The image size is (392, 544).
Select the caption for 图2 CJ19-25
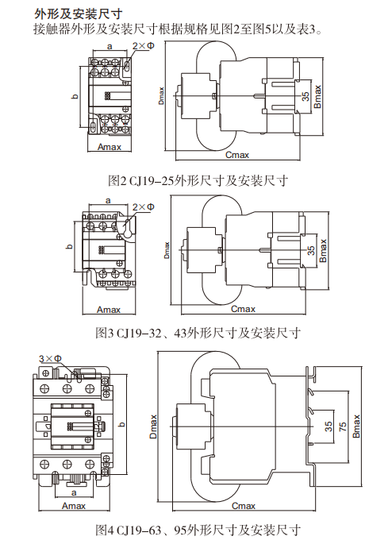[197, 179]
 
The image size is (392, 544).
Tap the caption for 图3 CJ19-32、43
[197, 331]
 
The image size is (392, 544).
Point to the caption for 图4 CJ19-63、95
[197, 529]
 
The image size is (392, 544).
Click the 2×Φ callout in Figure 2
[144, 48]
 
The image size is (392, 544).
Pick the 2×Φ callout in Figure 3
[143, 206]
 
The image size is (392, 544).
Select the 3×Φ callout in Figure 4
[50, 358]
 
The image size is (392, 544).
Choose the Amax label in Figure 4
[74, 505]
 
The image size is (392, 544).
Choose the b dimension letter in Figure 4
[121, 425]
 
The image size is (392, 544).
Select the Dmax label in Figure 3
[167, 249]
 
